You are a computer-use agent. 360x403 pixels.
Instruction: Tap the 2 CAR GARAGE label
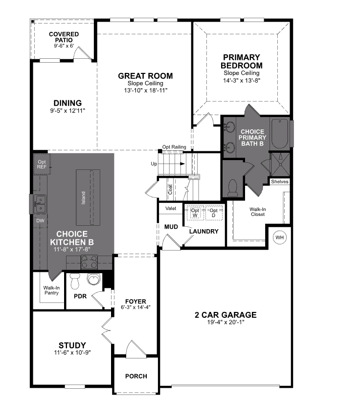[x=225, y=315]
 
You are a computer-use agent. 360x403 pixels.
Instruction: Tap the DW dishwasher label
[x=40, y=220]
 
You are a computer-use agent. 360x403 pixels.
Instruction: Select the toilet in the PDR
[x=75, y=281]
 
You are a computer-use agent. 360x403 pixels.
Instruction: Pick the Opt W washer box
[x=195, y=213]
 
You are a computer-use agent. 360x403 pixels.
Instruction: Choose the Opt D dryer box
[x=213, y=213]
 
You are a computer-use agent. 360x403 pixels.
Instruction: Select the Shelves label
[x=279, y=182]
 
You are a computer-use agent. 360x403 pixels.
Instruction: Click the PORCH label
[x=136, y=376]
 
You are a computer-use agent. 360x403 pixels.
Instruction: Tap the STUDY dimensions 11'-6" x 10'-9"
[x=72, y=353]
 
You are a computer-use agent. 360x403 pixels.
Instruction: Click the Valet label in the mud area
[x=171, y=208]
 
